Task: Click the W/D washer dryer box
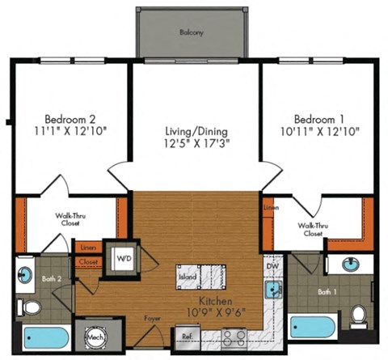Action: [x=124, y=260]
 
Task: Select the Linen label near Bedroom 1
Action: [x=271, y=208]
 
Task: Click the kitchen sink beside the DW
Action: [x=273, y=287]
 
